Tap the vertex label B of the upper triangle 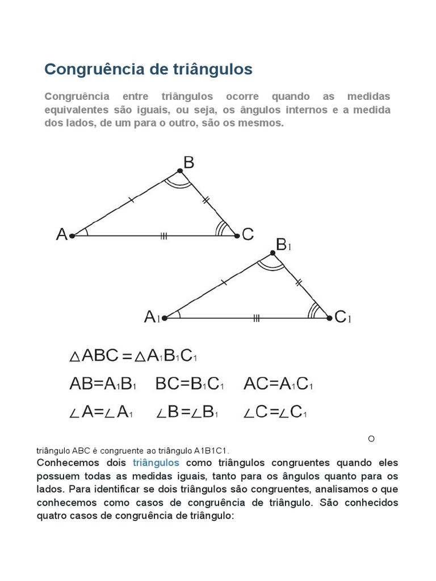pyautogui.click(x=189, y=163)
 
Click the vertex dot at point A pyautogui.click(x=72, y=235)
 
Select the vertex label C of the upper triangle pyautogui.click(x=248, y=234)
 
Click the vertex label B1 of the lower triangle pyautogui.click(x=283, y=245)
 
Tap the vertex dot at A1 pyautogui.click(x=165, y=318)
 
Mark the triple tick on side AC pyautogui.click(x=163, y=235)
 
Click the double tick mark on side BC pyautogui.click(x=206, y=200)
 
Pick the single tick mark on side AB pyautogui.click(x=131, y=199)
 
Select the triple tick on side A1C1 pyautogui.click(x=257, y=318)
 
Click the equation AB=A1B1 pyautogui.click(x=103, y=384)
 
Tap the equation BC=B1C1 pyautogui.click(x=190, y=384)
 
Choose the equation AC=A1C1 pyautogui.click(x=278, y=384)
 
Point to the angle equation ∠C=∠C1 pyautogui.click(x=275, y=412)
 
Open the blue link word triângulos pyautogui.click(x=156, y=462)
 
